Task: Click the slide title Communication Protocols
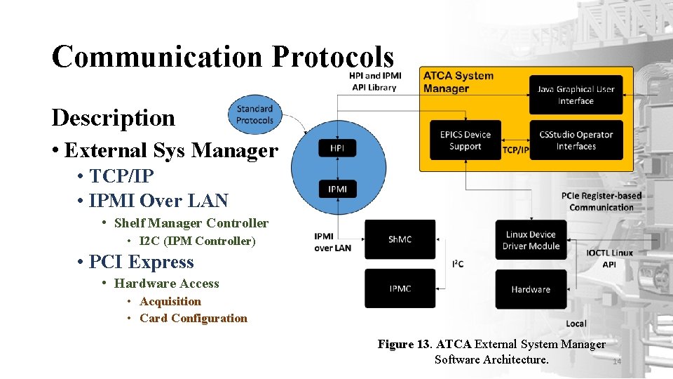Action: pos(222,57)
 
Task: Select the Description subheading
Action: pos(113,117)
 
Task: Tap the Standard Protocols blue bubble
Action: pos(254,114)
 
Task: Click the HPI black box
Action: pos(337,148)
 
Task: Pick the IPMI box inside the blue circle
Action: pos(337,189)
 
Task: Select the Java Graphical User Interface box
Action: pos(576,95)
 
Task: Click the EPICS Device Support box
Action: pos(465,140)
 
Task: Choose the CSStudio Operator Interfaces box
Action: pos(576,140)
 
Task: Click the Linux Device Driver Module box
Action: pos(531,240)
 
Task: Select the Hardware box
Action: pos(531,289)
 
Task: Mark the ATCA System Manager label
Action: pos(458,82)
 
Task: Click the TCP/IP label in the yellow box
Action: pos(515,149)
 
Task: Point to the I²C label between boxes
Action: pos(457,264)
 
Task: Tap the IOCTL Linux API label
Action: pos(609,258)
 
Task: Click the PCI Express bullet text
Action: pos(141,262)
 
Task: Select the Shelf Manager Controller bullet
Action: pos(191,223)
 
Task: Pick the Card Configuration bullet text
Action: pos(193,318)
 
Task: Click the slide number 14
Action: pos(617,362)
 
